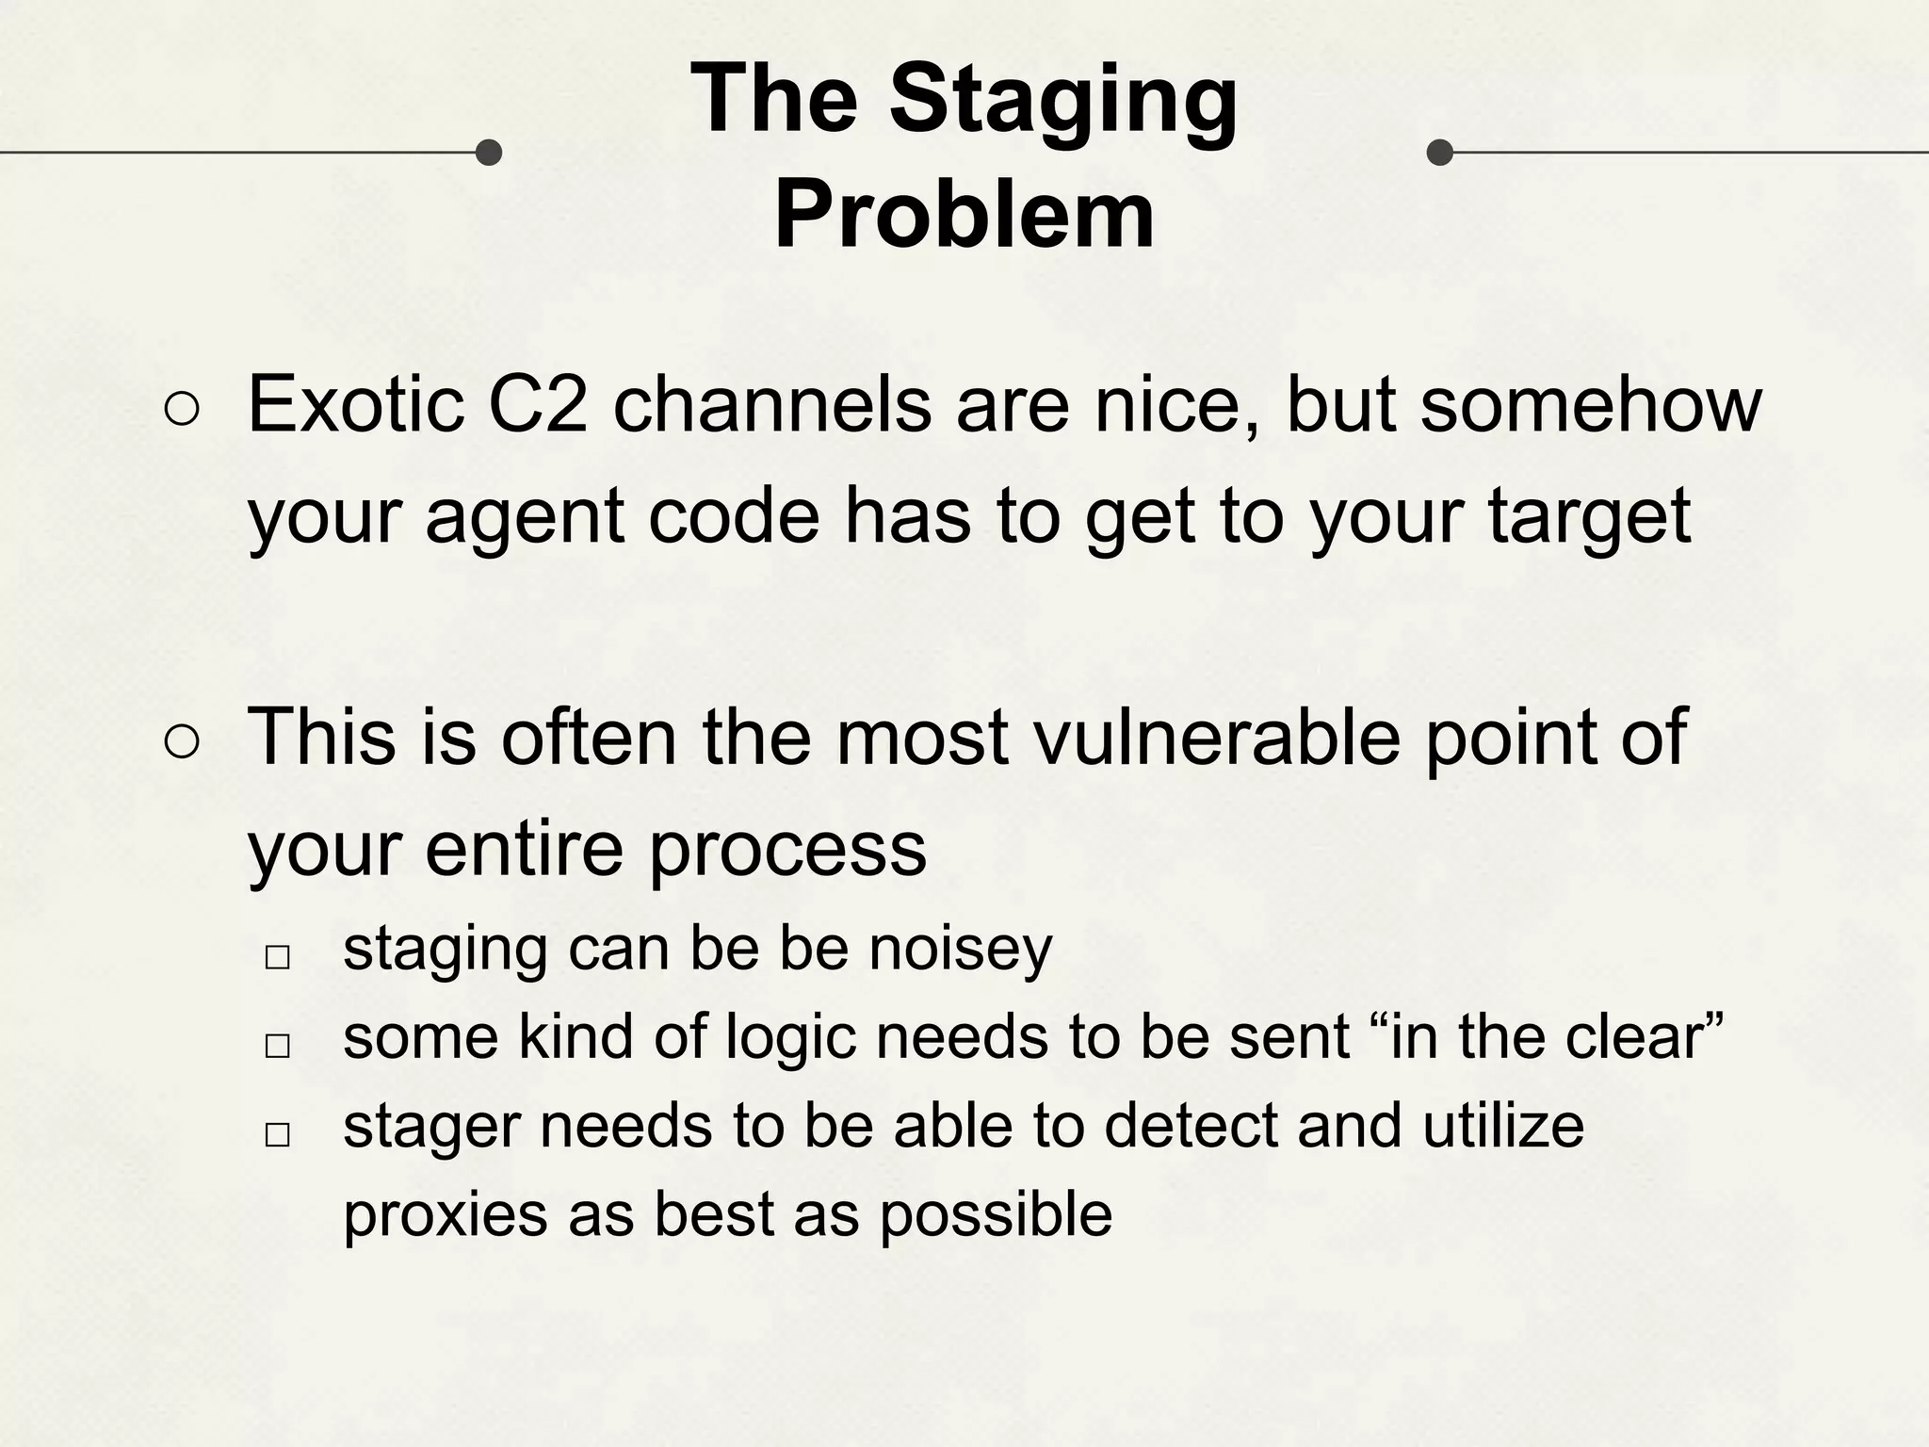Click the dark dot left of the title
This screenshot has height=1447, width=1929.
tap(488, 152)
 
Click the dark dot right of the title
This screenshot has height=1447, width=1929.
tap(1439, 152)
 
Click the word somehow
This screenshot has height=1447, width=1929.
tap(1590, 405)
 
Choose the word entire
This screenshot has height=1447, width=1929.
tap(525, 848)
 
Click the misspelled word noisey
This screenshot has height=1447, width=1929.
tap(960, 949)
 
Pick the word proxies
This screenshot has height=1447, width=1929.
tap(445, 1215)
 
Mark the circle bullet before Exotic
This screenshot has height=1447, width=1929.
tap(181, 410)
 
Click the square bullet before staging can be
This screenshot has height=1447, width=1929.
tap(277, 957)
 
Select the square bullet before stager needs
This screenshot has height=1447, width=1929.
tap(277, 1134)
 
